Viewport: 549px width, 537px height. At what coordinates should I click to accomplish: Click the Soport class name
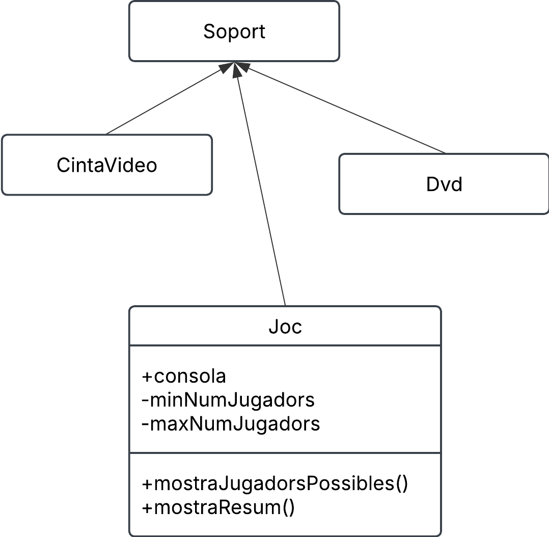(x=234, y=32)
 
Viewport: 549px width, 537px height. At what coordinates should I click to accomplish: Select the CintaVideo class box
(x=106, y=165)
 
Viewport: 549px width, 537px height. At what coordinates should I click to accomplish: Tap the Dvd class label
(x=444, y=184)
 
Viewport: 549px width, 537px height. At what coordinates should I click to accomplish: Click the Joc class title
(x=285, y=327)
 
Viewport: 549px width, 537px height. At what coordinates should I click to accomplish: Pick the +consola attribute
(x=184, y=377)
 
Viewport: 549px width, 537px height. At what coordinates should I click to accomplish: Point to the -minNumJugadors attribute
(x=228, y=400)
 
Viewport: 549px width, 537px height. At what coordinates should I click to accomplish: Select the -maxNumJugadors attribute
(x=231, y=424)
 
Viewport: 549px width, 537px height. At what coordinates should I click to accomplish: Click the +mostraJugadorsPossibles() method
(x=275, y=484)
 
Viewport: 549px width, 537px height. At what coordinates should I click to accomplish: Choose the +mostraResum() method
(x=218, y=507)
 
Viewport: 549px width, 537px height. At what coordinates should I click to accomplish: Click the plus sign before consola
(x=147, y=377)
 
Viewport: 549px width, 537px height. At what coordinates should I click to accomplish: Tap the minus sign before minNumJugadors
(x=145, y=400)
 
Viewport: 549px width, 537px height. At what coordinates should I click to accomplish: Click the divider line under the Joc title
(x=285, y=345)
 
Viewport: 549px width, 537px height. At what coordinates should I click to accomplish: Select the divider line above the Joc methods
(x=285, y=453)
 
